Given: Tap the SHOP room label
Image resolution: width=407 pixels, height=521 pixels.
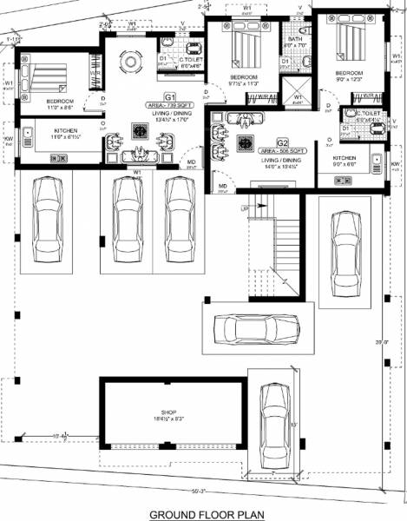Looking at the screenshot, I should tap(168, 412).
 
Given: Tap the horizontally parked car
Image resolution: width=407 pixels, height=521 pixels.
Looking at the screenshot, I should tap(256, 329).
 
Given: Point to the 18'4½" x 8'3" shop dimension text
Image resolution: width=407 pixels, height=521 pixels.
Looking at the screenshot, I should tap(168, 420).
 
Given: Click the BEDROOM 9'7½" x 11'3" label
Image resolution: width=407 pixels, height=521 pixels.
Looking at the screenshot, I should tap(244, 81).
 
